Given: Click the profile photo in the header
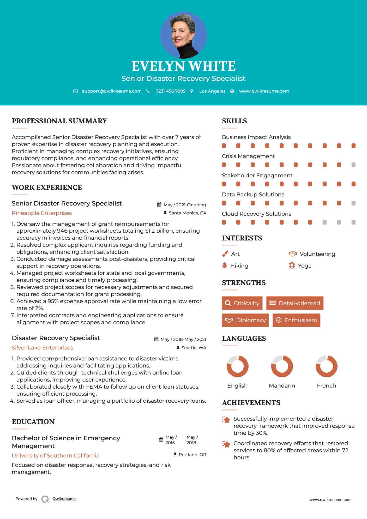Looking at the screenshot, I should [183, 35].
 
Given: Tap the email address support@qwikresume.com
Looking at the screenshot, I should [112, 91].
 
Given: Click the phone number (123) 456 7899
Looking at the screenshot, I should [170, 91].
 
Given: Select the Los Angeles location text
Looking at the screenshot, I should [212, 91].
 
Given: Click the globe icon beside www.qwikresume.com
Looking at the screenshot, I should [232, 91].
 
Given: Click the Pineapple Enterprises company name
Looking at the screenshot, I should [42, 213].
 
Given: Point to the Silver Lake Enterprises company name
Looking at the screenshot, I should [42, 348].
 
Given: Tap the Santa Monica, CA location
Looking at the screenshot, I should [187, 213].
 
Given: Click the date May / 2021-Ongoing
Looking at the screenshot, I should [185, 205].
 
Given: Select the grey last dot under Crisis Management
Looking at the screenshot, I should [353, 165].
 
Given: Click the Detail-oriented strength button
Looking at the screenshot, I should [295, 303].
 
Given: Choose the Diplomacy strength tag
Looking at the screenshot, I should [245, 320].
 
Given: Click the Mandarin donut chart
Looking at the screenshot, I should [282, 366].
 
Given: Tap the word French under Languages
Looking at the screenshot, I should [326, 386].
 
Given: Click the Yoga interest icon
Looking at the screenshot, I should [292, 265].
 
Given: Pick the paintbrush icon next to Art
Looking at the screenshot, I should [225, 254].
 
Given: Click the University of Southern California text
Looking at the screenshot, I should [56, 456].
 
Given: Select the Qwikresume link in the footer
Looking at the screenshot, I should [64, 499].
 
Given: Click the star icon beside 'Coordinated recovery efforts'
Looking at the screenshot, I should [226, 444].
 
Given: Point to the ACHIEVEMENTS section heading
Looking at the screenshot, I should [251, 403].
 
